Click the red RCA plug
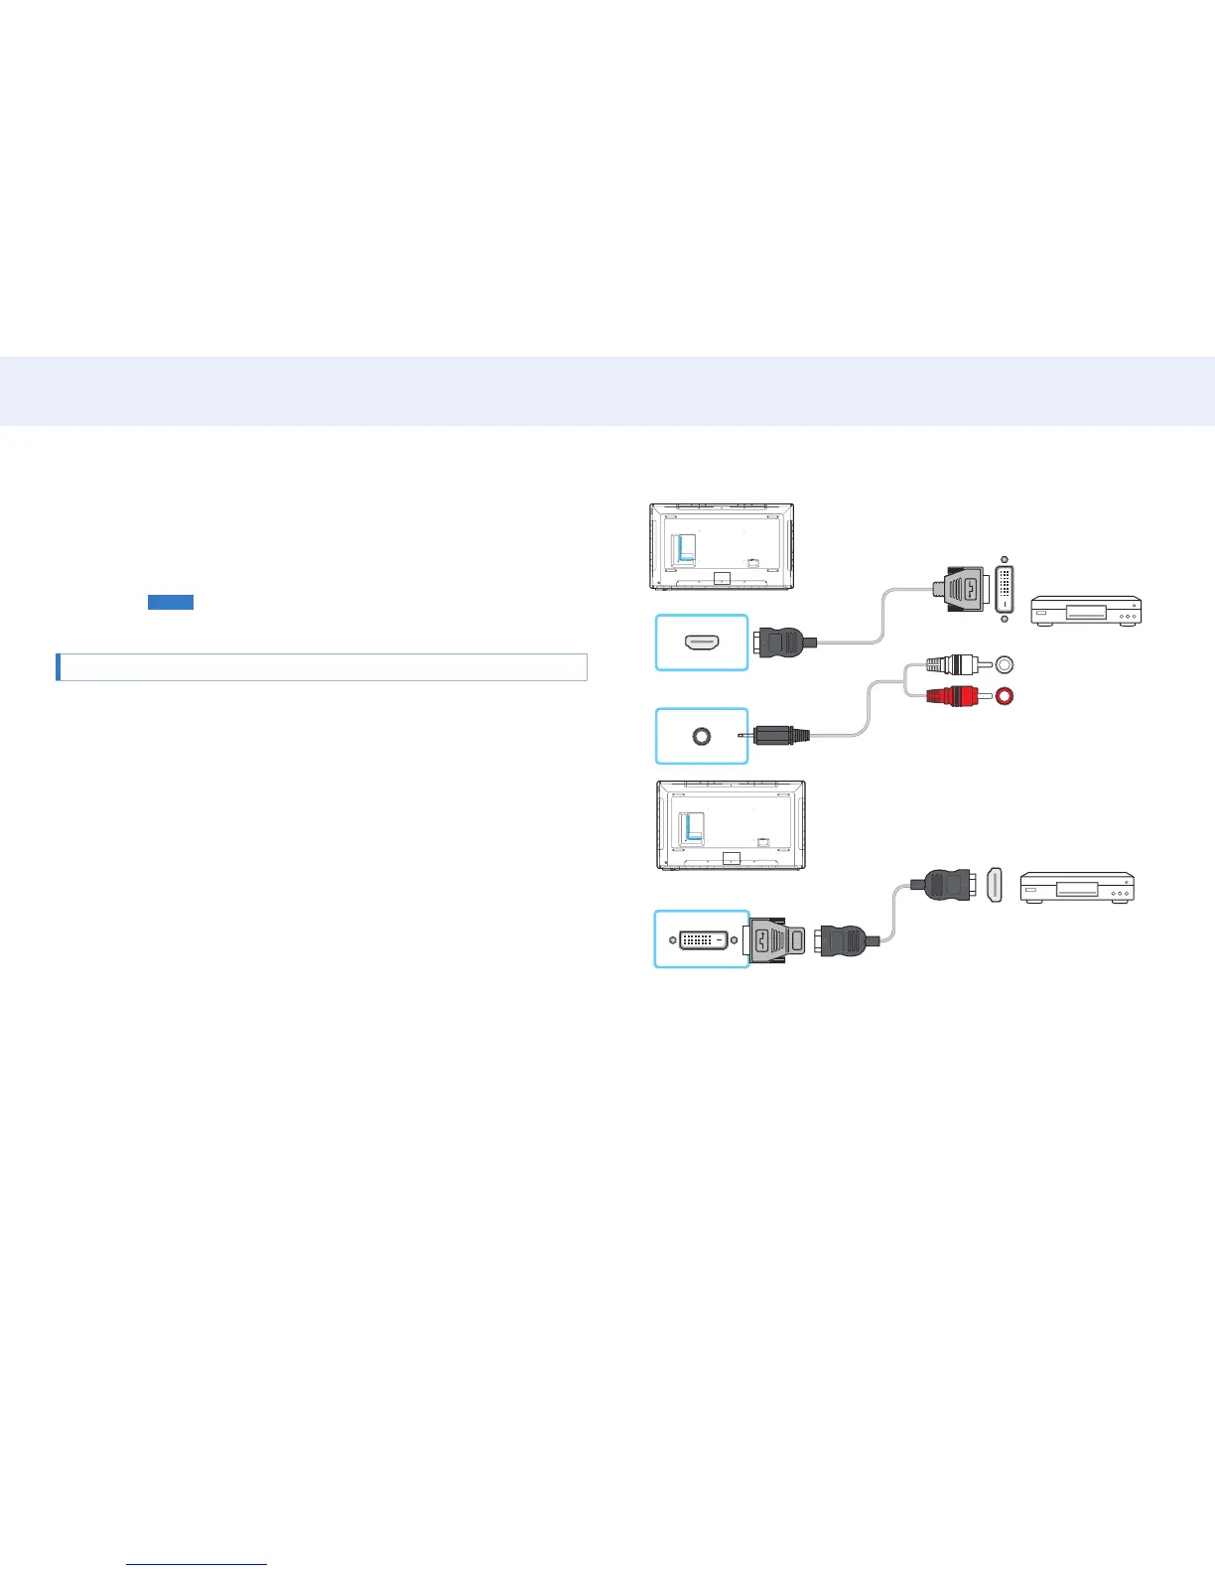[949, 697]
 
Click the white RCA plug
[949, 665]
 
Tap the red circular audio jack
[1005, 697]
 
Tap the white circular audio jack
[1005, 664]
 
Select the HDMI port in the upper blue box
[702, 643]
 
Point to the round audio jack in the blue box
[702, 736]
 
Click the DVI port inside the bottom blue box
[703, 938]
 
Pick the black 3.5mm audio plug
[780, 736]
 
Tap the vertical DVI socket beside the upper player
[1005, 590]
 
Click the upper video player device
[1086, 611]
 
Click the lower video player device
[1077, 887]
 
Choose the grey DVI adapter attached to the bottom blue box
[775, 939]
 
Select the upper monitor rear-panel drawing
[722, 546]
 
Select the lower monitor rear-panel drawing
[731, 824]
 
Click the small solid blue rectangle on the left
[171, 602]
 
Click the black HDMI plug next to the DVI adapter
[844, 939]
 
